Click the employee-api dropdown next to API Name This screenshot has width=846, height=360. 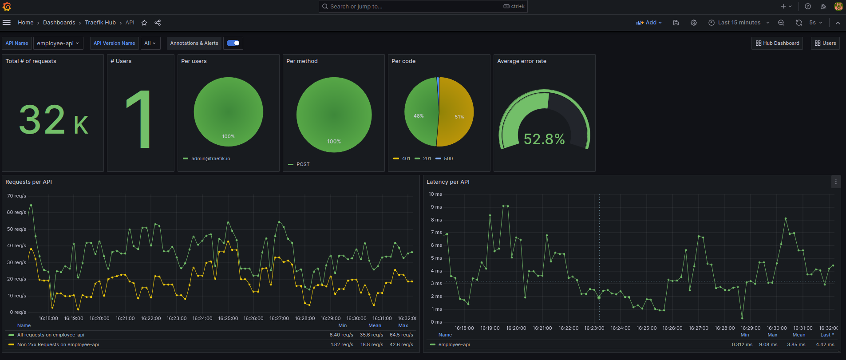tap(58, 44)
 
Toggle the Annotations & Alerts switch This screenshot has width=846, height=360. tap(233, 43)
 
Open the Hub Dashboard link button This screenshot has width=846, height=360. tap(777, 44)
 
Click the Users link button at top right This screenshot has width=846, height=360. tap(825, 44)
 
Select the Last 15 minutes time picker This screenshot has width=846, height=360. tap(739, 23)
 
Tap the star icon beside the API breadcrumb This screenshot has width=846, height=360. tap(144, 23)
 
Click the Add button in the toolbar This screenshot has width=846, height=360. tap(649, 23)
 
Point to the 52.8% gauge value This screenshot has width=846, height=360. tap(544, 139)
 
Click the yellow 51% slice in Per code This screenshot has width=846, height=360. tap(457, 113)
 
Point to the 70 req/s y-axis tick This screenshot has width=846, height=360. tap(16, 196)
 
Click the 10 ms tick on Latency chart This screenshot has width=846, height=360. tap(435, 194)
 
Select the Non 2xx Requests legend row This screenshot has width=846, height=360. tap(58, 344)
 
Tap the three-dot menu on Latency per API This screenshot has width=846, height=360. tap(836, 182)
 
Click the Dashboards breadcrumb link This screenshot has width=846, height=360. tap(59, 23)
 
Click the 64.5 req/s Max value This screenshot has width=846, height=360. tap(401, 335)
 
